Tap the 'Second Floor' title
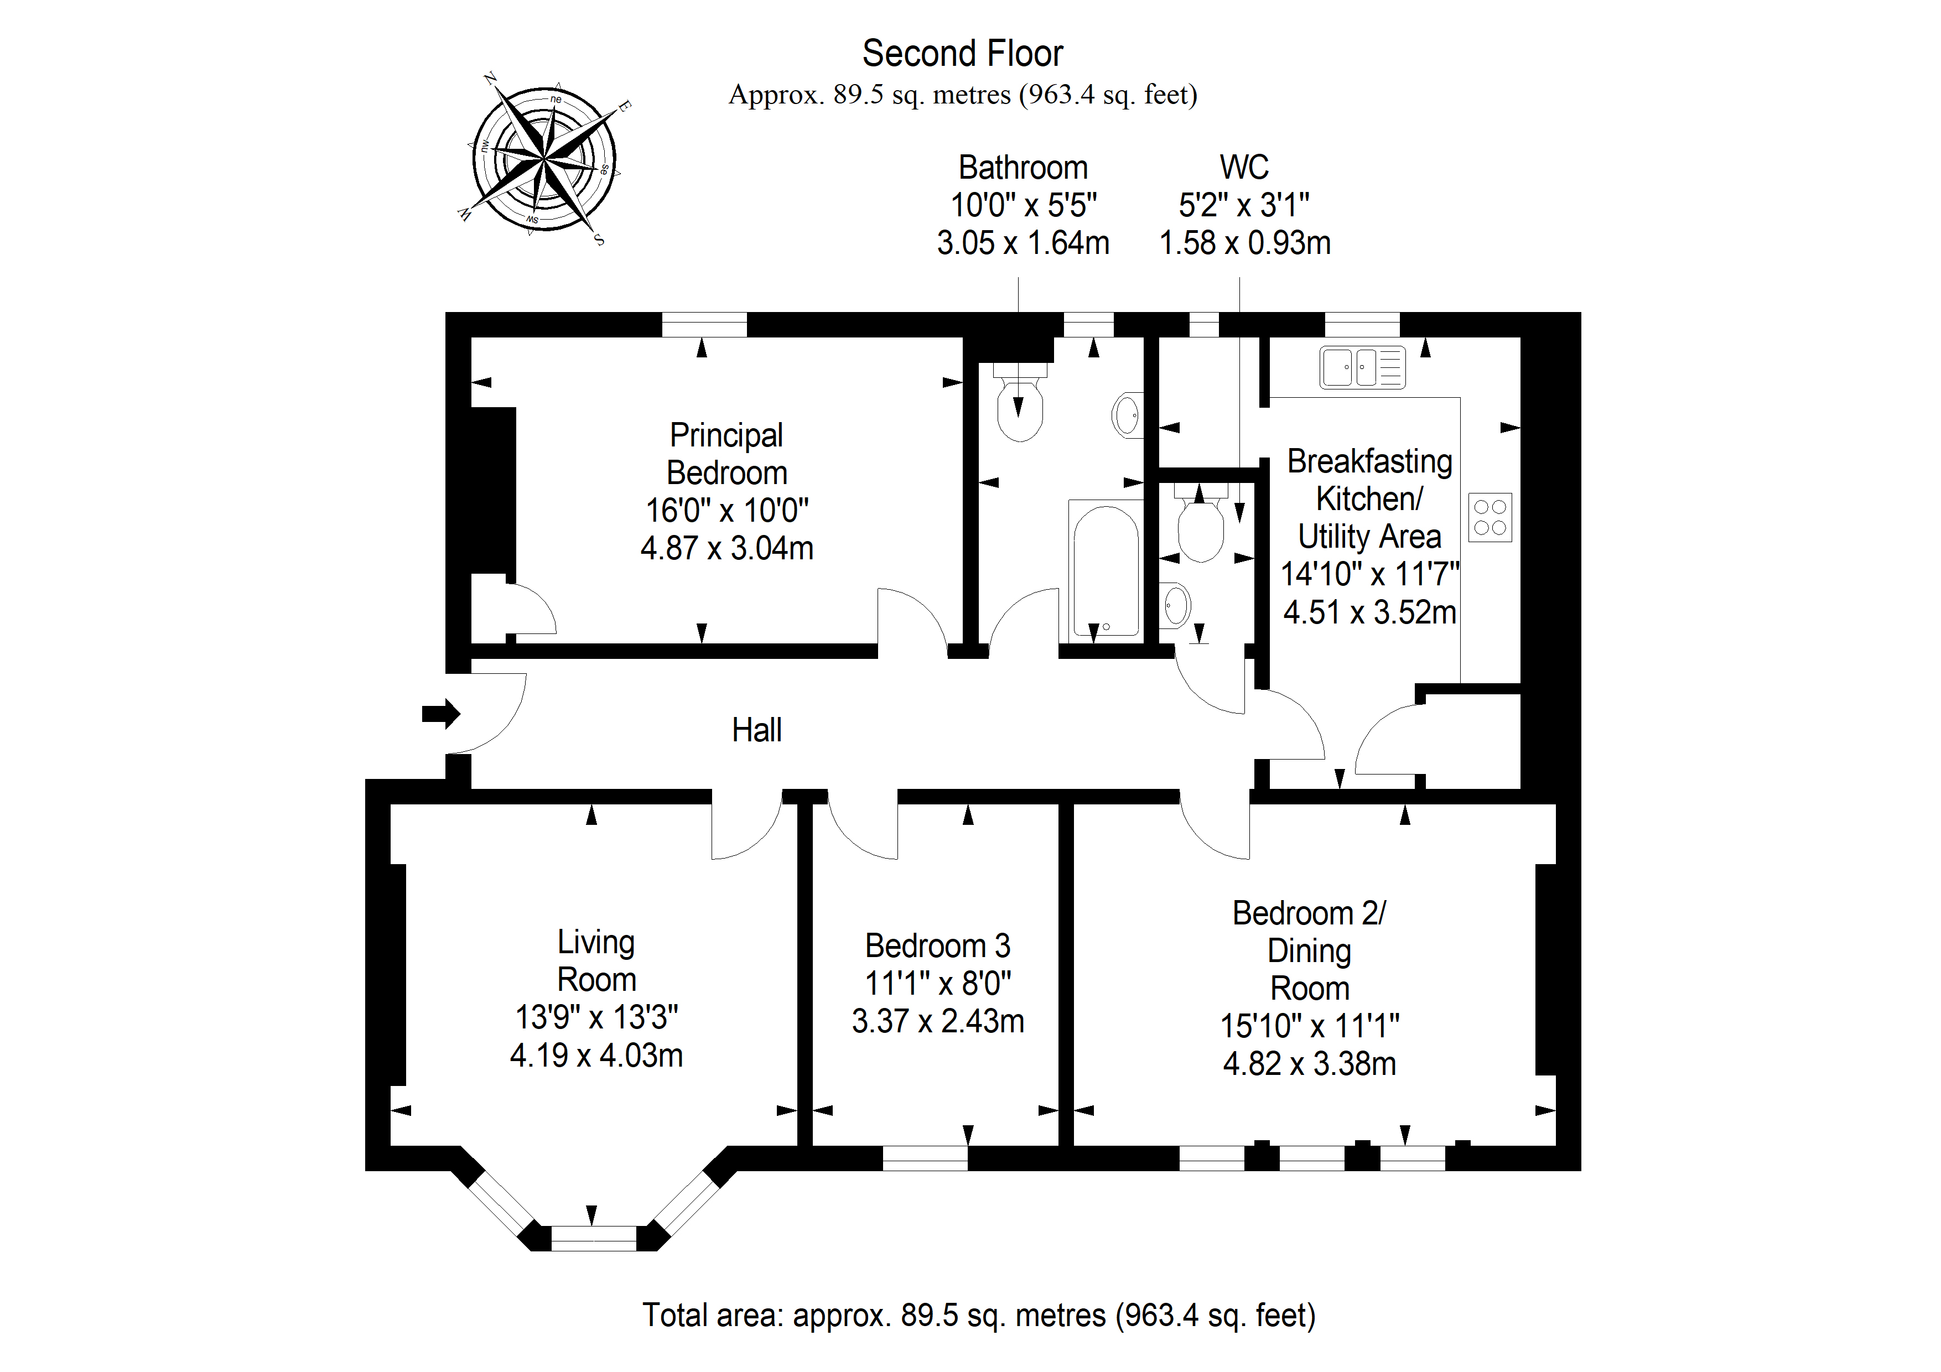tap(962, 53)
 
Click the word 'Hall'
tap(756, 730)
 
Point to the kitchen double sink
tap(1362, 368)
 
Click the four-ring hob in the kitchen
tap(1490, 517)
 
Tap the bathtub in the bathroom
tap(1106, 569)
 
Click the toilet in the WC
tap(1201, 522)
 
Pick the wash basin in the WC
tap(1175, 605)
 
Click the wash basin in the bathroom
tap(1128, 414)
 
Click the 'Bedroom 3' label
tap(937, 945)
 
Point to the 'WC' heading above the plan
tap(1244, 168)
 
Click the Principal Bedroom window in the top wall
tap(704, 325)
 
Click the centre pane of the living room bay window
tap(594, 1239)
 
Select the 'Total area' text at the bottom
tap(979, 1316)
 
